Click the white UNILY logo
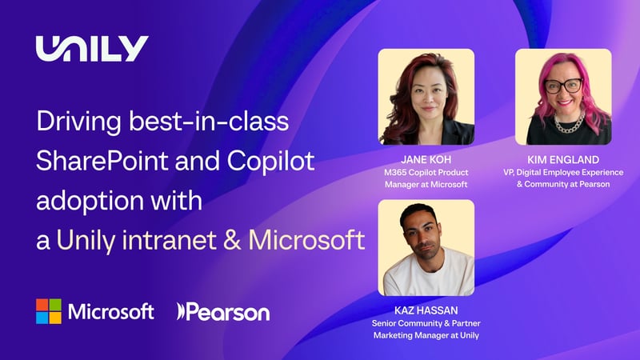tap(92, 49)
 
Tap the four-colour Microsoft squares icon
tap(49, 311)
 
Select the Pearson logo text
tap(223, 311)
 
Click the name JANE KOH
tap(426, 158)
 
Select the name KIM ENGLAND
tap(562, 159)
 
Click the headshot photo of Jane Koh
tap(426, 97)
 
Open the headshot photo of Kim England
tap(562, 97)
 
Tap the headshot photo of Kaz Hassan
tap(426, 248)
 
